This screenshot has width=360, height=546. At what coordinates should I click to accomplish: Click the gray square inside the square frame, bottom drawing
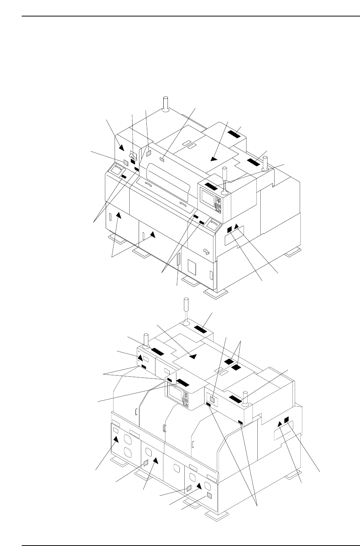click(213, 400)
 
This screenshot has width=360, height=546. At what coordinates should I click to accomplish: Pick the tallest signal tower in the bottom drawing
click(186, 310)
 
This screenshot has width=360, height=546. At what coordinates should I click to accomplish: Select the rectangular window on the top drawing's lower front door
click(191, 267)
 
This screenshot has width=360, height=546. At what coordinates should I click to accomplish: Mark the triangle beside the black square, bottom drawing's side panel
click(279, 424)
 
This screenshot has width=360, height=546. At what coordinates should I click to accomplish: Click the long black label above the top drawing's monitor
click(211, 186)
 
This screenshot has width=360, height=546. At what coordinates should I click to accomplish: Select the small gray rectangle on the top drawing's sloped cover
click(162, 160)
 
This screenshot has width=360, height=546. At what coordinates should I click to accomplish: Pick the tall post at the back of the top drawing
click(165, 103)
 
